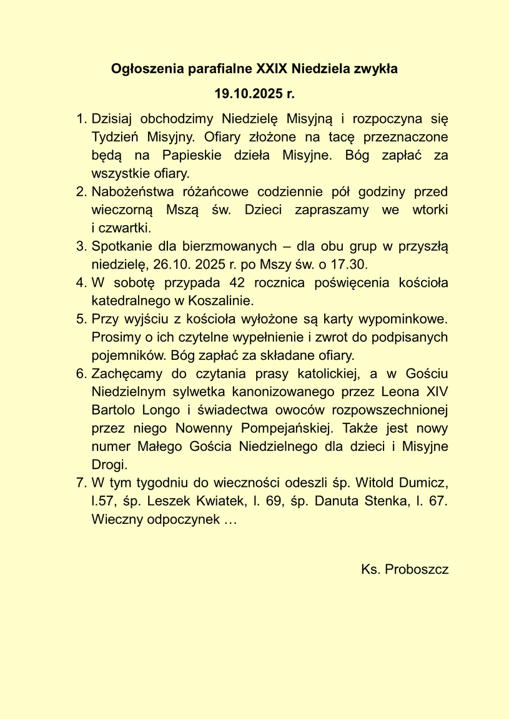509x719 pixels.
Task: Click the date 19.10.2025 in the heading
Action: (x=247, y=94)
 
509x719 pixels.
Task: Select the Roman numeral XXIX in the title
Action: (x=272, y=69)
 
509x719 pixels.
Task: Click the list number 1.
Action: (x=80, y=117)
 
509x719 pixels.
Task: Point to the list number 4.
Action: (x=80, y=282)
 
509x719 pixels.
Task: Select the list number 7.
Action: (x=80, y=483)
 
